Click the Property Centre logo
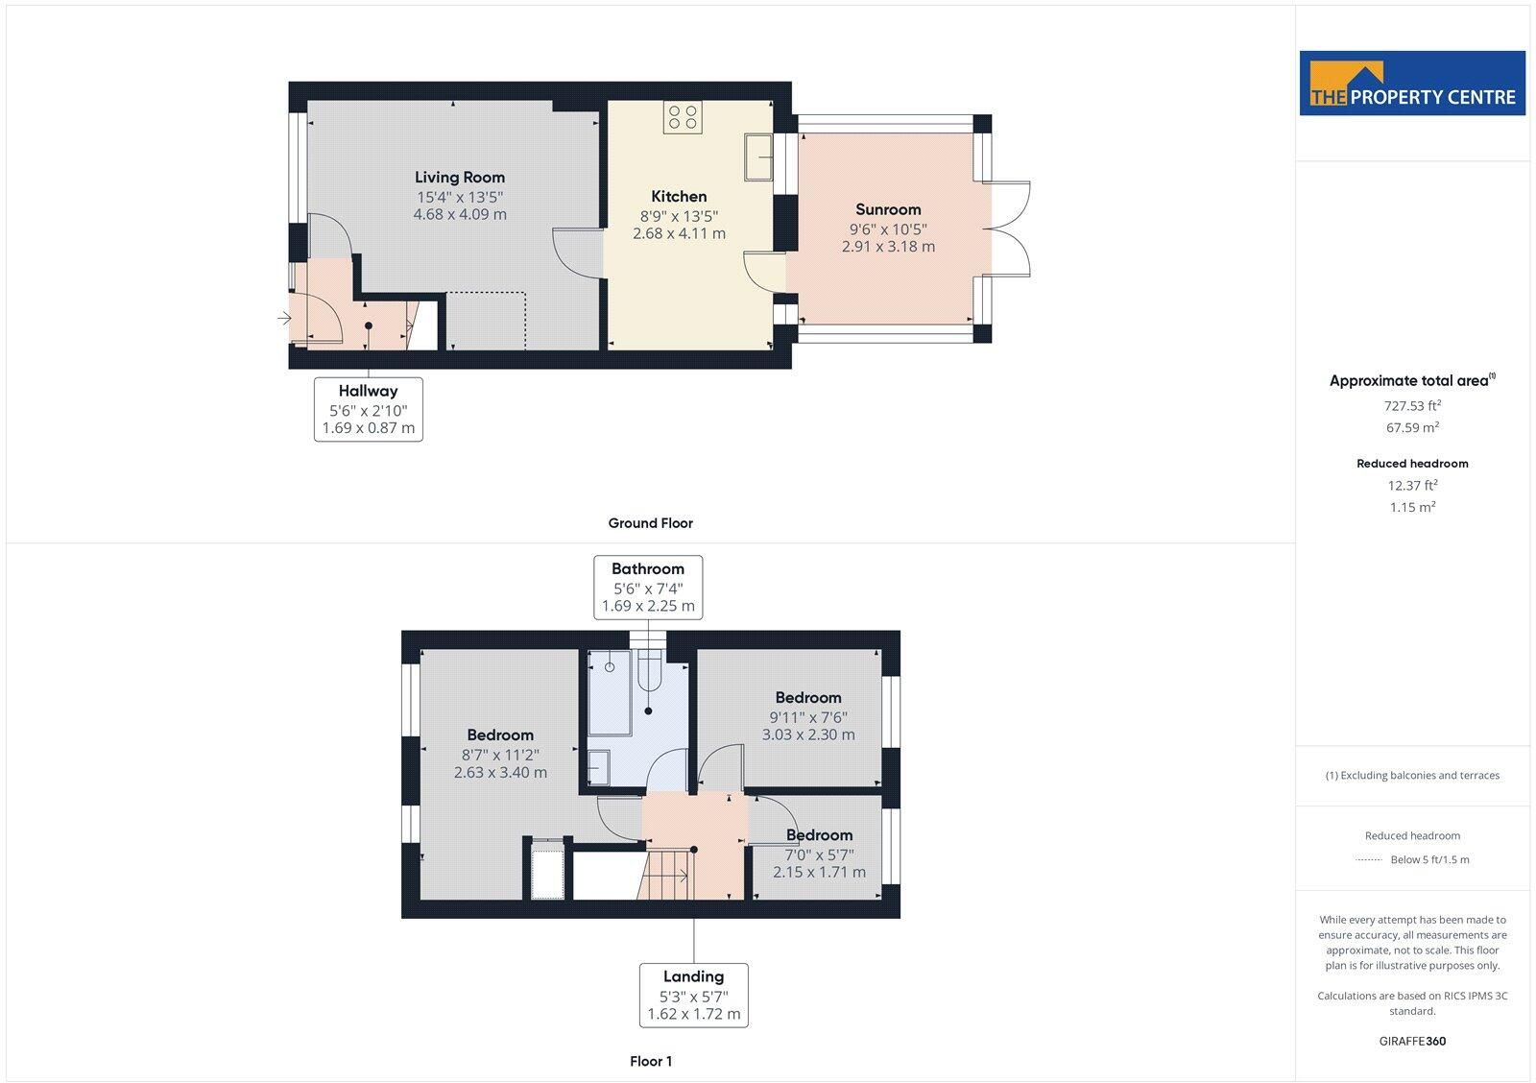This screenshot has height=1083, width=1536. point(1412,83)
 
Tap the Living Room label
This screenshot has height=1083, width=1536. point(460,177)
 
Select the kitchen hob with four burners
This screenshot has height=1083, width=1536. point(683,117)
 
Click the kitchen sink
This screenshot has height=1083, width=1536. point(758,157)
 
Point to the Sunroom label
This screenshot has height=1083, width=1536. point(888,209)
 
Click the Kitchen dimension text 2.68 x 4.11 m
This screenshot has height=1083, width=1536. point(679,233)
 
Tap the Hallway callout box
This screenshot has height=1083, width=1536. point(369,409)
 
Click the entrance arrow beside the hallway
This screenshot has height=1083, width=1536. point(284,318)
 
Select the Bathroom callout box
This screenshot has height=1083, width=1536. point(648,588)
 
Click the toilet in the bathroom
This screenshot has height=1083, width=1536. point(649,670)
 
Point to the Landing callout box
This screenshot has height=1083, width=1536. point(693,996)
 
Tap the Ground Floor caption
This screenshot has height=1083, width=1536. point(650,523)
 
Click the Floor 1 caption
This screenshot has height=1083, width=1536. point(651,1061)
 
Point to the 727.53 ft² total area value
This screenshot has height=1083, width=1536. point(1412,405)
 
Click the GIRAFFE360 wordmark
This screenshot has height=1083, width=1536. point(1412,1041)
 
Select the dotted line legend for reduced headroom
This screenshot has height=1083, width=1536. point(1368,859)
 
